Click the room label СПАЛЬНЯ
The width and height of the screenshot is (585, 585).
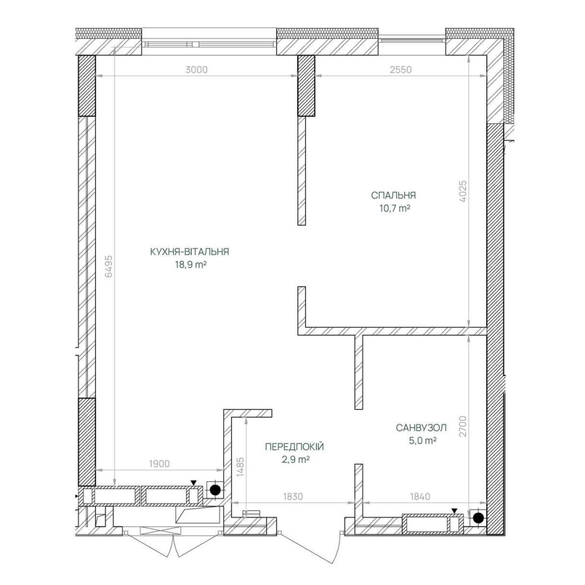tap(393, 195)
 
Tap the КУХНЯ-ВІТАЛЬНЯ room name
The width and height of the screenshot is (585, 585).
tap(190, 252)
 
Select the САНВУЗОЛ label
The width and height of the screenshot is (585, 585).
tap(421, 428)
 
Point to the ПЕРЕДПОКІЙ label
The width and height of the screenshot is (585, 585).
tap(294, 446)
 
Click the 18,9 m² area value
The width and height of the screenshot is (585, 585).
tap(191, 265)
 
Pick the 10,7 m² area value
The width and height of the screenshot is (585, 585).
tap(395, 208)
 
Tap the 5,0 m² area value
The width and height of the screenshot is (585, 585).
tap(423, 441)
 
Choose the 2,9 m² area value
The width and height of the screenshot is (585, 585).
tap(296, 459)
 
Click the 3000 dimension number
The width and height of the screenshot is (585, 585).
tap(196, 70)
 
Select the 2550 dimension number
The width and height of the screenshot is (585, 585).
tap(400, 70)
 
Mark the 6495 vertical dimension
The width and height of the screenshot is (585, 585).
tap(109, 266)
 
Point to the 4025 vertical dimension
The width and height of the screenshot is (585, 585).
tap(463, 191)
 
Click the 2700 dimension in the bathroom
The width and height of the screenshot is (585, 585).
tap(463, 426)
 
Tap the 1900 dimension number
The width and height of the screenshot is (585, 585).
tap(159, 464)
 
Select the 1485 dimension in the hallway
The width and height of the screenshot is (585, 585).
tap(240, 467)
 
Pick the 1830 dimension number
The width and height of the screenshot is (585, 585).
tap(293, 497)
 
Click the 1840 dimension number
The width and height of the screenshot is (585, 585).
tap(420, 497)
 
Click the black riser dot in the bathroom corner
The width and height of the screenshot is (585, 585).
tap(479, 518)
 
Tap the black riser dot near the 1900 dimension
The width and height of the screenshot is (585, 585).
tap(215, 490)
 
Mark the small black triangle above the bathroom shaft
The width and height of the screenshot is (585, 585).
tap(454, 510)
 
